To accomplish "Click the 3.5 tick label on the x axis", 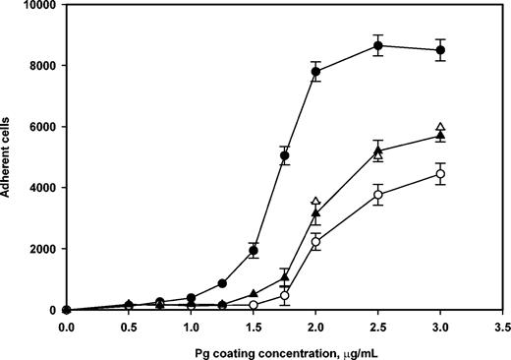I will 502,325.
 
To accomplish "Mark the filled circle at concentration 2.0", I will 315,72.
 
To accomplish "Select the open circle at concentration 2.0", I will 315,241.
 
